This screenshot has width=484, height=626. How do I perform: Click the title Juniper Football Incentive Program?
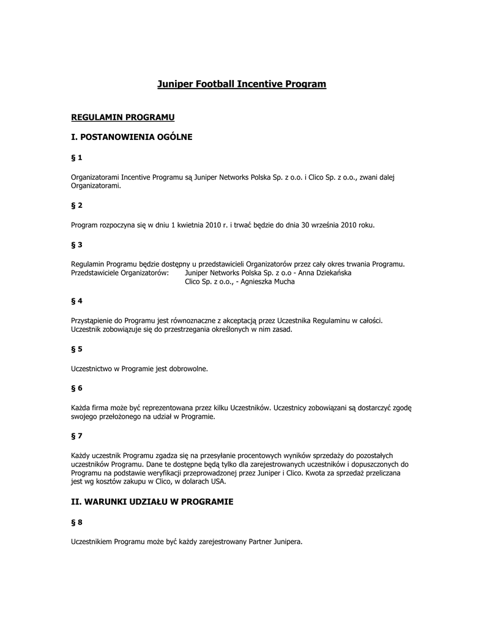(x=242, y=84)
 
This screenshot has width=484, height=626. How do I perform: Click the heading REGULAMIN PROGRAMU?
(x=123, y=116)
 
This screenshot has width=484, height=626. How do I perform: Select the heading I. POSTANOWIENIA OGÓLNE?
(x=132, y=137)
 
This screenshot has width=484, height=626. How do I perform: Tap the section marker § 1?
(x=76, y=158)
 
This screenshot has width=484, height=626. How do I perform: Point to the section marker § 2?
(x=76, y=205)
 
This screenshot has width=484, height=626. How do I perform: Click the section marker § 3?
(x=76, y=245)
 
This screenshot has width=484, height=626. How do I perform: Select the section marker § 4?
(x=76, y=301)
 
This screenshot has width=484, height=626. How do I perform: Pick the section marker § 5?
(x=76, y=349)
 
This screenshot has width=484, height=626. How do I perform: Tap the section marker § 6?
(x=76, y=388)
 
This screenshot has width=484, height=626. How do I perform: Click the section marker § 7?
(x=76, y=436)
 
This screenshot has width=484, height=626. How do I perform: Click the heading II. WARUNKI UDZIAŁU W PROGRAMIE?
(x=152, y=501)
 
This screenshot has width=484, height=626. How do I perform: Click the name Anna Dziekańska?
(x=324, y=273)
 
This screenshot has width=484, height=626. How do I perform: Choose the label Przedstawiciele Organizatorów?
(x=120, y=273)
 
